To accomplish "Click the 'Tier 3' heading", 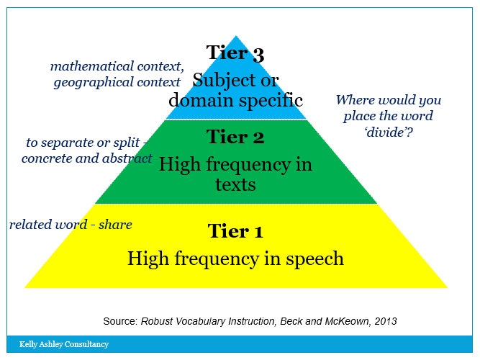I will tap(235, 53).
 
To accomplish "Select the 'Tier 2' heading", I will tap(235, 137).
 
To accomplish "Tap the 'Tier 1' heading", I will tap(235, 231).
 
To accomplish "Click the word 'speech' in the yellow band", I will tap(313, 258).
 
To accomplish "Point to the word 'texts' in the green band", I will tap(235, 185).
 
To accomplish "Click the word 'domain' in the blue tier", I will tap(202, 99).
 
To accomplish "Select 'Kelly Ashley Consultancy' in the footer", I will tap(64, 344).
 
